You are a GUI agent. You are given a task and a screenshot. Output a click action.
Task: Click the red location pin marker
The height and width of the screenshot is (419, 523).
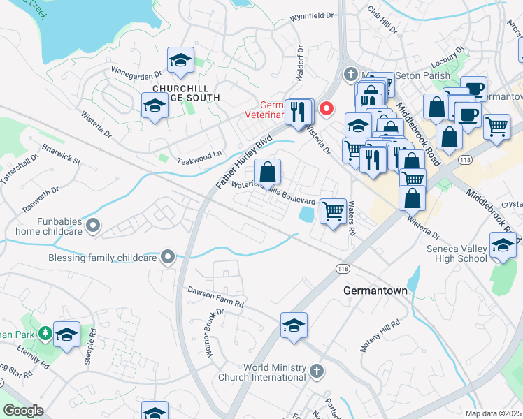(x=326, y=108)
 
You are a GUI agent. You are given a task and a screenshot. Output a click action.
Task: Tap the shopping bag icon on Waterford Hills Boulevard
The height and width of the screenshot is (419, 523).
(x=267, y=171)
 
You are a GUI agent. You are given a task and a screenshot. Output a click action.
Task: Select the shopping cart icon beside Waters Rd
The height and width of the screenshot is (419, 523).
(x=334, y=209)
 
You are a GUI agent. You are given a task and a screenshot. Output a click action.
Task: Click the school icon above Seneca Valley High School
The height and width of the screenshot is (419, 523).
(x=503, y=245)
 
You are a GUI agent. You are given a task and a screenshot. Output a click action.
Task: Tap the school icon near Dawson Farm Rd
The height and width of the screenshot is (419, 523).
(x=294, y=325)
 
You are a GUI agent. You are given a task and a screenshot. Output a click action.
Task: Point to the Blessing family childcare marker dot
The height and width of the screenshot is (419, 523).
(x=167, y=258)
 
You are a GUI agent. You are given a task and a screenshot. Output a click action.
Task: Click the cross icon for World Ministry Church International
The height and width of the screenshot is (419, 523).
(x=317, y=369)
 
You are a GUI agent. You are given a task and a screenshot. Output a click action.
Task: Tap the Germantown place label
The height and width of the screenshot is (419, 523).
(x=375, y=289)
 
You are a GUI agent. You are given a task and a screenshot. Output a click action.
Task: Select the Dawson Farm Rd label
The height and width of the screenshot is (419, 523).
(x=215, y=297)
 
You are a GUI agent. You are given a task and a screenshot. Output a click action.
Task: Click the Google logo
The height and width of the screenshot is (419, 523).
(x=24, y=411)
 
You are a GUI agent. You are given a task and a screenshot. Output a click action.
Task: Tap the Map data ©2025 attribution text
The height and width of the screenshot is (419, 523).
(x=493, y=413)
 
